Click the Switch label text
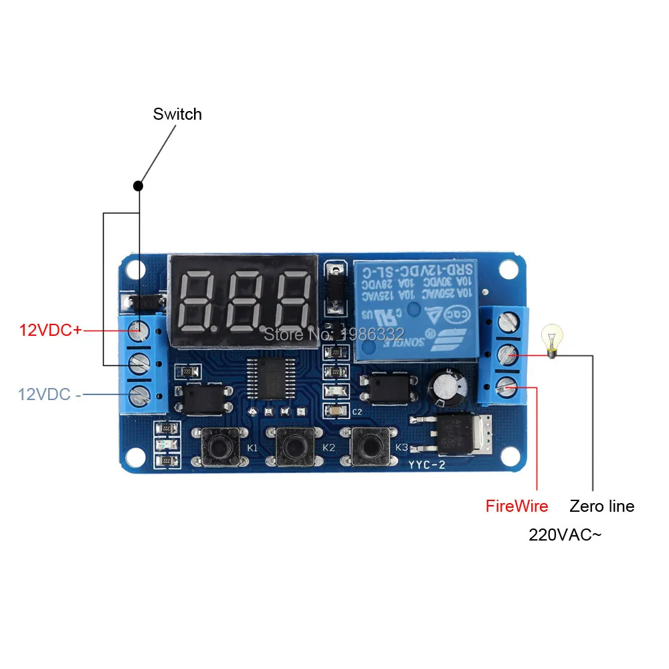tap(177, 114)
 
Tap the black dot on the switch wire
tap(138, 185)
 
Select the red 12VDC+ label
tap(50, 330)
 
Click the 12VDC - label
tap(50, 394)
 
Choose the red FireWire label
tap(516, 506)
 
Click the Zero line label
tap(601, 506)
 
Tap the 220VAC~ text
tap(565, 535)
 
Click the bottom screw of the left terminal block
tap(138, 394)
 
